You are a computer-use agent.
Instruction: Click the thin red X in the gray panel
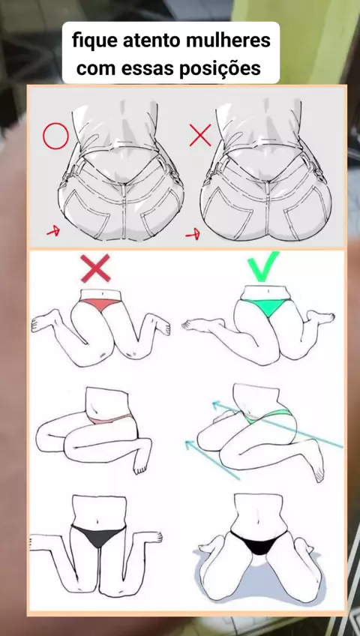coord(200,135)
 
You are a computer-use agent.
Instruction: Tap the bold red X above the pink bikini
coord(95,268)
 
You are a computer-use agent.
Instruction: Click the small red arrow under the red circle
coord(53,232)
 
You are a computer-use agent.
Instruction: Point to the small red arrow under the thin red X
coord(193,234)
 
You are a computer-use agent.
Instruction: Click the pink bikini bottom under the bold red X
coord(99,304)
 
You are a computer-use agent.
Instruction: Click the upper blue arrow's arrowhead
coord(217,404)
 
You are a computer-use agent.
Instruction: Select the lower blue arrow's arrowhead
coord(189,444)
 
